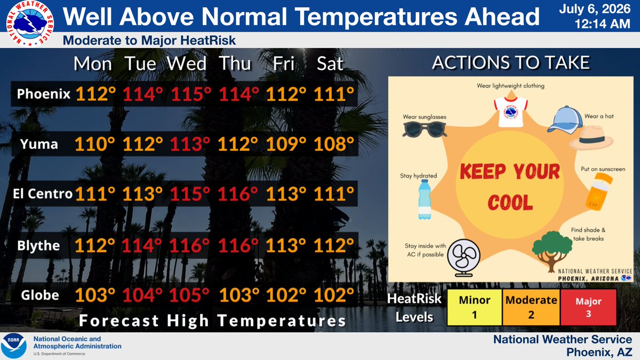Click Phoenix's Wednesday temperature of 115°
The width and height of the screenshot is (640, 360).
coord(191,94)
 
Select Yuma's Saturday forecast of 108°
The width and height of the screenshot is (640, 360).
coord(334,144)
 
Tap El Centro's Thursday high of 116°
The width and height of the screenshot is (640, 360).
coord(238,194)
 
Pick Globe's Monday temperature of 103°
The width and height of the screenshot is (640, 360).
coord(95,295)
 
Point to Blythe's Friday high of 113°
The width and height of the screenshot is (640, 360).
coord(286,245)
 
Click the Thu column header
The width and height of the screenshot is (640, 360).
coord(235,63)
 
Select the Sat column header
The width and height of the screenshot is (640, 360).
coord(330,63)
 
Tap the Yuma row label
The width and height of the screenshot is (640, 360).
coord(39,144)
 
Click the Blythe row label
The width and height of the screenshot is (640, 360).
coord(38,245)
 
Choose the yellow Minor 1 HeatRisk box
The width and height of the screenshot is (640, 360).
coord(474,307)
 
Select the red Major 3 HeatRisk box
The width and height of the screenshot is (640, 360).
coord(588,307)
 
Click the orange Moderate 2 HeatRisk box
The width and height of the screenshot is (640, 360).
coord(531,307)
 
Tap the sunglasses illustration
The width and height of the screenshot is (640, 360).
coord(425,130)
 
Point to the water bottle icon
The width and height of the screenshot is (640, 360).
coord(425,199)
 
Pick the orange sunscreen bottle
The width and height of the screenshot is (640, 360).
coord(599,191)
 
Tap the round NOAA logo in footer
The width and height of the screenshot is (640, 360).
coord(13,346)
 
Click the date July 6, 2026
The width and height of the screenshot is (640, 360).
coord(595,9)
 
